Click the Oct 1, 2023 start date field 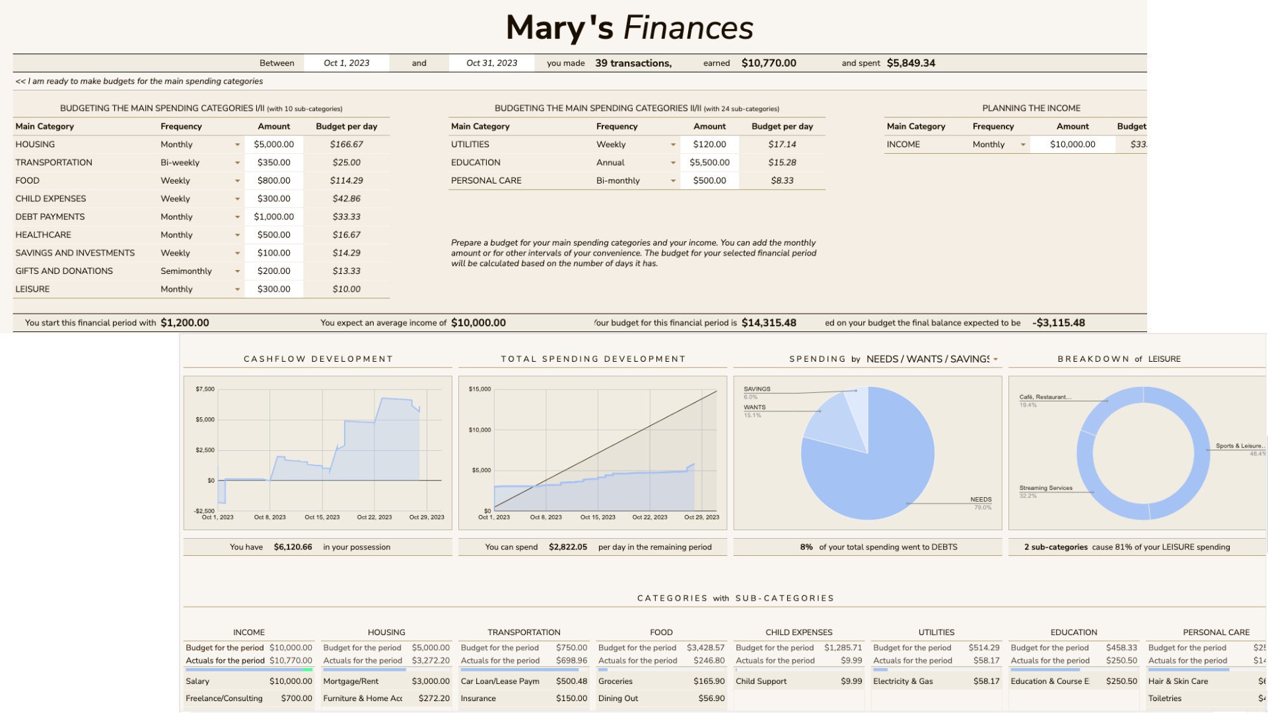click(346, 63)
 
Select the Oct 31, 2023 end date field click(491, 63)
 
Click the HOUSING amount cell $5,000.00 click(273, 145)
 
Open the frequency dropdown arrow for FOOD click(237, 181)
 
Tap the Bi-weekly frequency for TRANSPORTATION click(180, 162)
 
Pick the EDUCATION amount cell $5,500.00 click(709, 162)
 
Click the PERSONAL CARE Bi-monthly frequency click(617, 181)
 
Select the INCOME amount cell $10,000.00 click(1072, 145)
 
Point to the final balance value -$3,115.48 click(1058, 323)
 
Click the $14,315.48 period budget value click(769, 323)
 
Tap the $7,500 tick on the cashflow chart click(205, 390)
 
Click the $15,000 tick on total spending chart click(479, 390)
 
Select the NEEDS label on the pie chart click(981, 500)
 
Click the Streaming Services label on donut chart click(1045, 489)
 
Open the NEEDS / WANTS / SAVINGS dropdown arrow click(995, 360)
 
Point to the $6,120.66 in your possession click(293, 547)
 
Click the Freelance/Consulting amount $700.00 click(296, 698)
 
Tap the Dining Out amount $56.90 click(711, 698)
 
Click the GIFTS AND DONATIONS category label click(64, 271)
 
